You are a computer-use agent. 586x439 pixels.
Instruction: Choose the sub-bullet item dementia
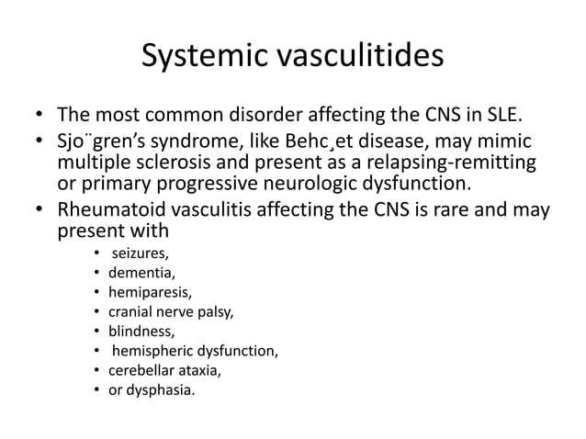click(141, 273)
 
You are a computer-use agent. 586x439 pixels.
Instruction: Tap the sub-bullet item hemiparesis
click(149, 292)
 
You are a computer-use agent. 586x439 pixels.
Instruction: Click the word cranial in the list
click(131, 312)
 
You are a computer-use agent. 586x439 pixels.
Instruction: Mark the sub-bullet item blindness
click(140, 332)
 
